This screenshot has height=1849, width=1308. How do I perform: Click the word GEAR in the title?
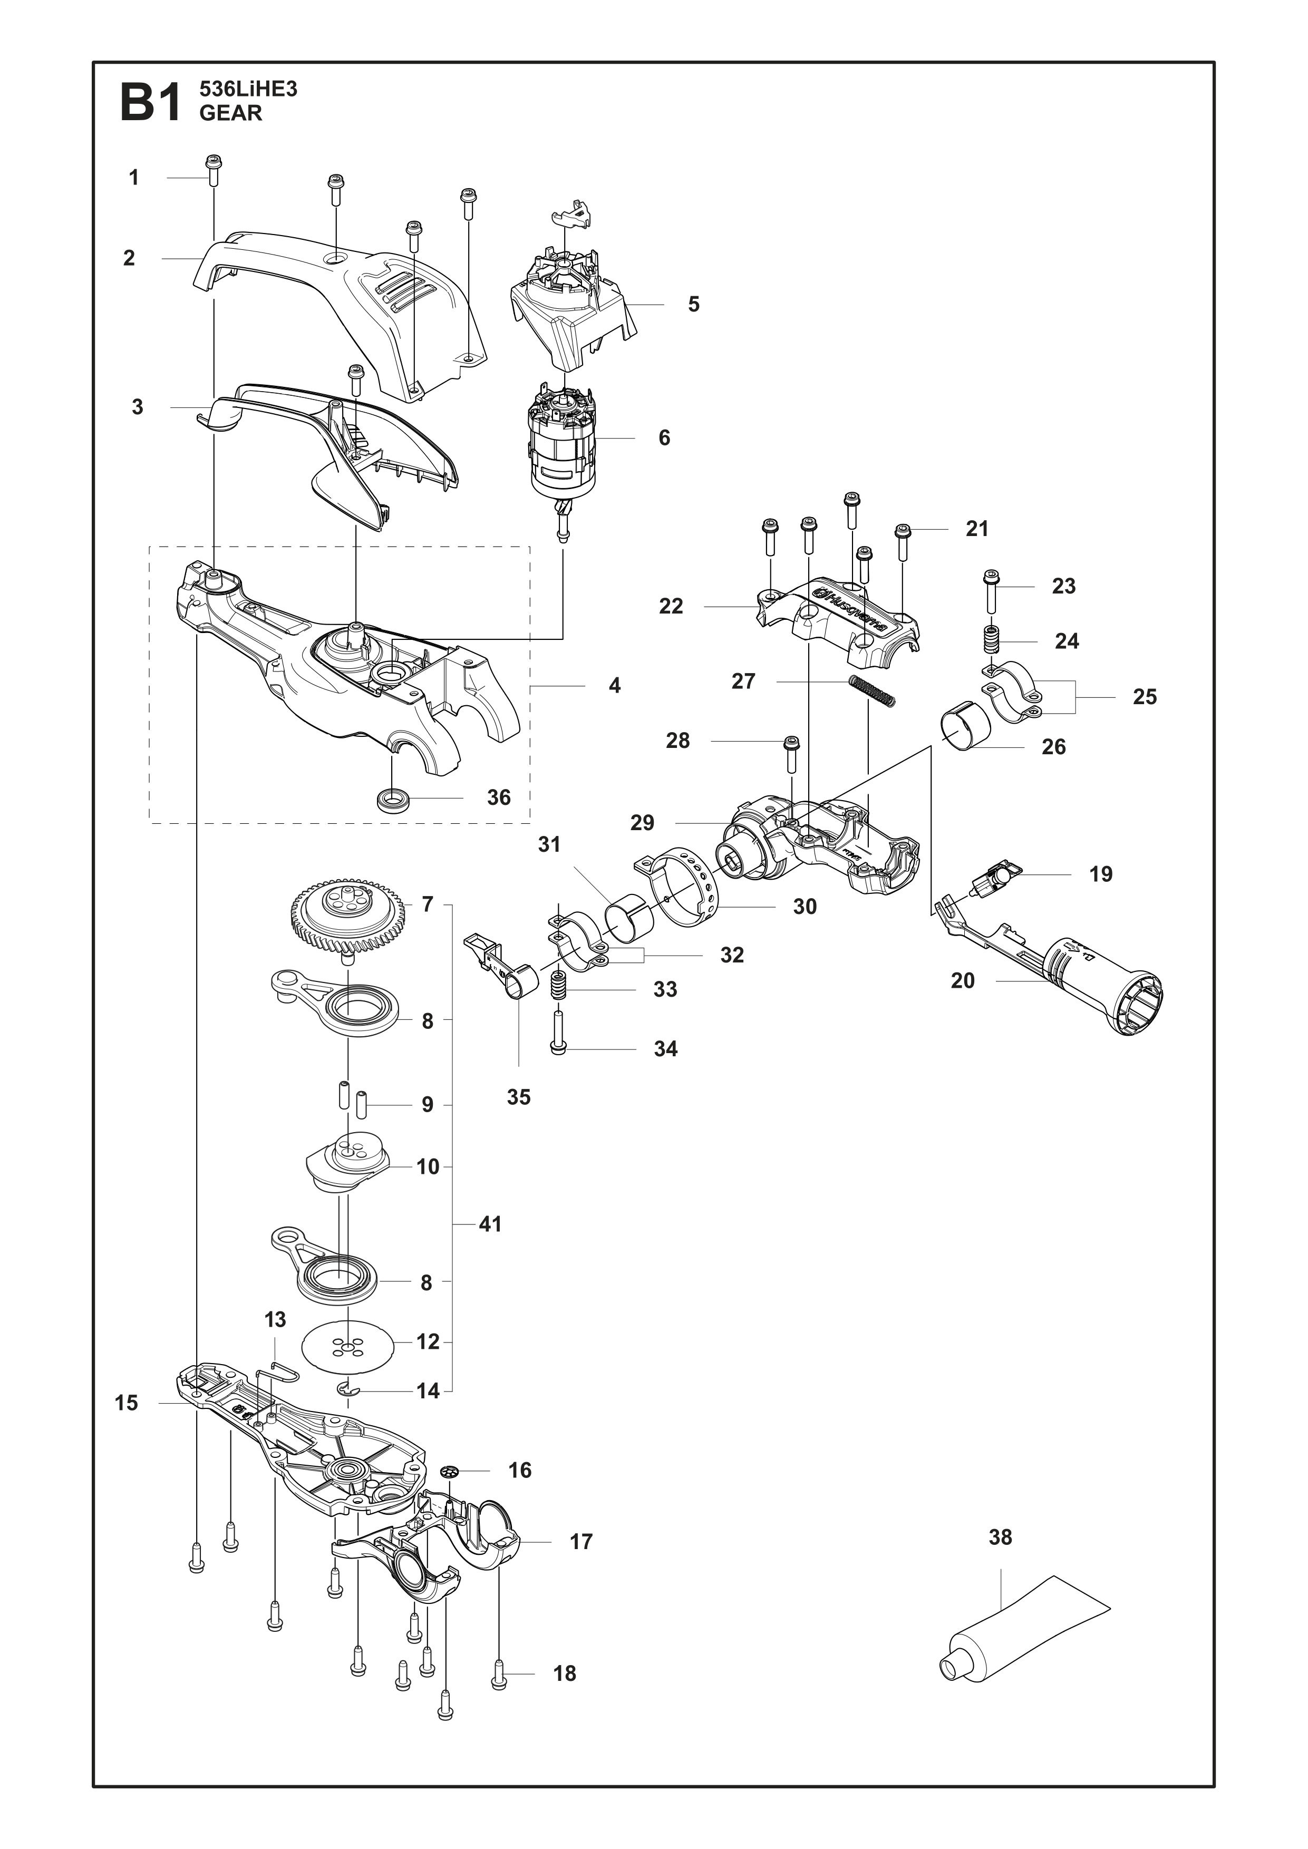(230, 113)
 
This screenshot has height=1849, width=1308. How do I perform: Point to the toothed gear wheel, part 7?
(347, 920)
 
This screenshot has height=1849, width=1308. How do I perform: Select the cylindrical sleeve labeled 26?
(966, 726)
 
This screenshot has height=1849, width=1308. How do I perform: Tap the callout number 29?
(642, 822)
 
